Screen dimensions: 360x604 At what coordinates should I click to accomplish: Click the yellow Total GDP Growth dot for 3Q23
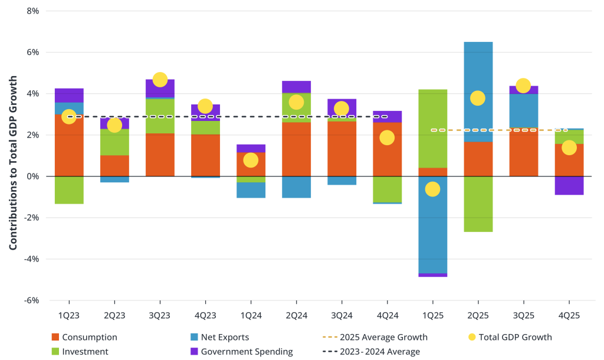click(x=160, y=80)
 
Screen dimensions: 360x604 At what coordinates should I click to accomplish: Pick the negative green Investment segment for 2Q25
click(x=478, y=204)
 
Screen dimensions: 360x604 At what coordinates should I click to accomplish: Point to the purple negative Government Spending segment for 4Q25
click(x=569, y=185)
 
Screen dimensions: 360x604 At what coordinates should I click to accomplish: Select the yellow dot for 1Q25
click(x=432, y=189)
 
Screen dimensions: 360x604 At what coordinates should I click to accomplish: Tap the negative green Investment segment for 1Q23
click(x=69, y=190)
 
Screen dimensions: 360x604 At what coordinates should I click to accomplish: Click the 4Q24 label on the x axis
click(x=387, y=316)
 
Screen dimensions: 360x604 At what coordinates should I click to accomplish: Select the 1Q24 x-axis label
click(x=251, y=316)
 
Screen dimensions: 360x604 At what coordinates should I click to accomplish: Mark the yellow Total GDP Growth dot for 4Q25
click(x=569, y=148)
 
